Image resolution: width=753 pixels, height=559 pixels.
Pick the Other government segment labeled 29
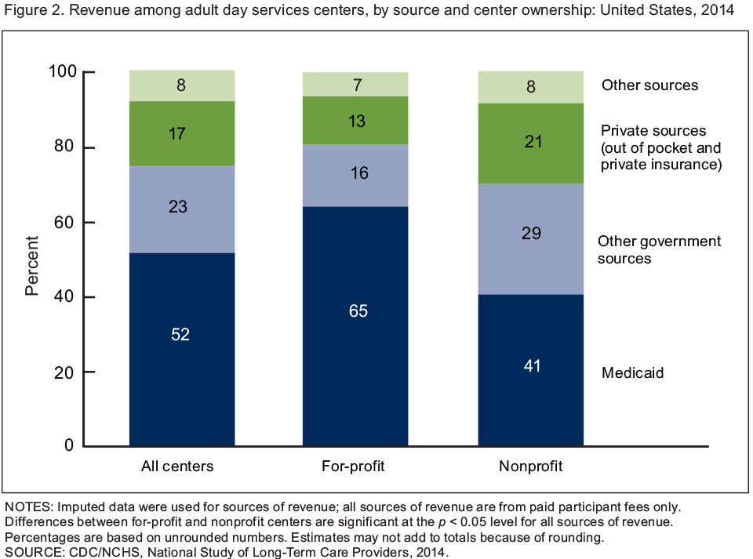531,239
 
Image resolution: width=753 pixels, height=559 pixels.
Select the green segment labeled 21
531,143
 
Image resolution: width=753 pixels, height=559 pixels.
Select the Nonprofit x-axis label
531,467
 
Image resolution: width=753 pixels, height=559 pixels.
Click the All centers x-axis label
177,467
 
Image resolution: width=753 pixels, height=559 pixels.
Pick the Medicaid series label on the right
632,373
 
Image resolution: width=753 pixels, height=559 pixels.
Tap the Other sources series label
649,85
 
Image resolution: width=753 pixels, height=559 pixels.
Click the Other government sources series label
659,249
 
